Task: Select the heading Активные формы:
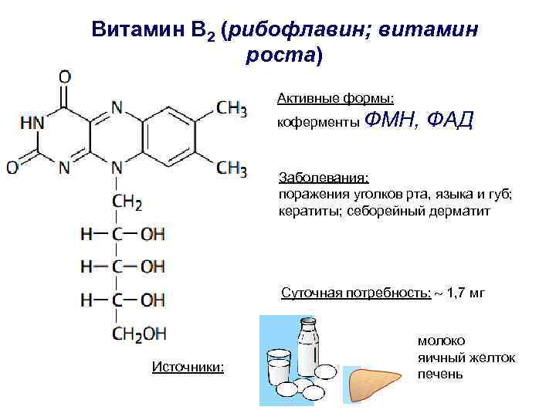point(336,98)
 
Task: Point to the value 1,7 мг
point(467,293)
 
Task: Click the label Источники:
point(188,366)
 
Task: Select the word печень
point(439,375)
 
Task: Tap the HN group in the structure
point(32,123)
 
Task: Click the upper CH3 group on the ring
point(231,108)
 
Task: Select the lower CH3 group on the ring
point(231,167)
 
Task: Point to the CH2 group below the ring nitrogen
point(127,202)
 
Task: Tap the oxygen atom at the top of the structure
point(65,77)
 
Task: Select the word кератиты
point(305,210)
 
